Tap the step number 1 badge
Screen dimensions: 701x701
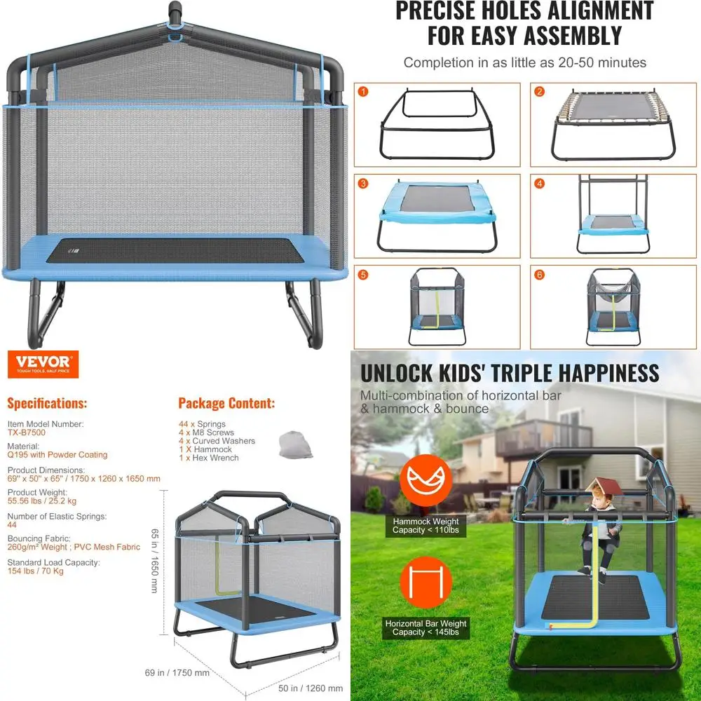pos(363,91)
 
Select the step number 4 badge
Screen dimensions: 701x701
pos(540,184)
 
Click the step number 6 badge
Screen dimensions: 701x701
pos(540,275)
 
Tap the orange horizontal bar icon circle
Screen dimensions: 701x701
pos(425,582)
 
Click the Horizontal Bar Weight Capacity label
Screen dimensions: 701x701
pos(426,627)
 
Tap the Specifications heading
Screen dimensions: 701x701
pos(47,404)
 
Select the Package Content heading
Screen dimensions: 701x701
pos(226,404)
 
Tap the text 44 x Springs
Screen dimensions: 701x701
pos(202,424)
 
